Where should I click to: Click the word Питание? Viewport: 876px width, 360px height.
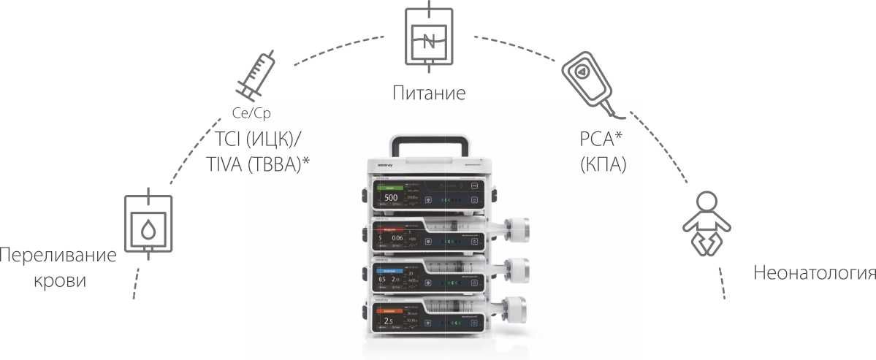428,93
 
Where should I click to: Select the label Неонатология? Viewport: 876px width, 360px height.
814,274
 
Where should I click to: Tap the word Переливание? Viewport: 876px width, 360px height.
58,256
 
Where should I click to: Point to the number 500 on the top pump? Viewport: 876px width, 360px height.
391,198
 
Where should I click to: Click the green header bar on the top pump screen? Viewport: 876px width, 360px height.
395,188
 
